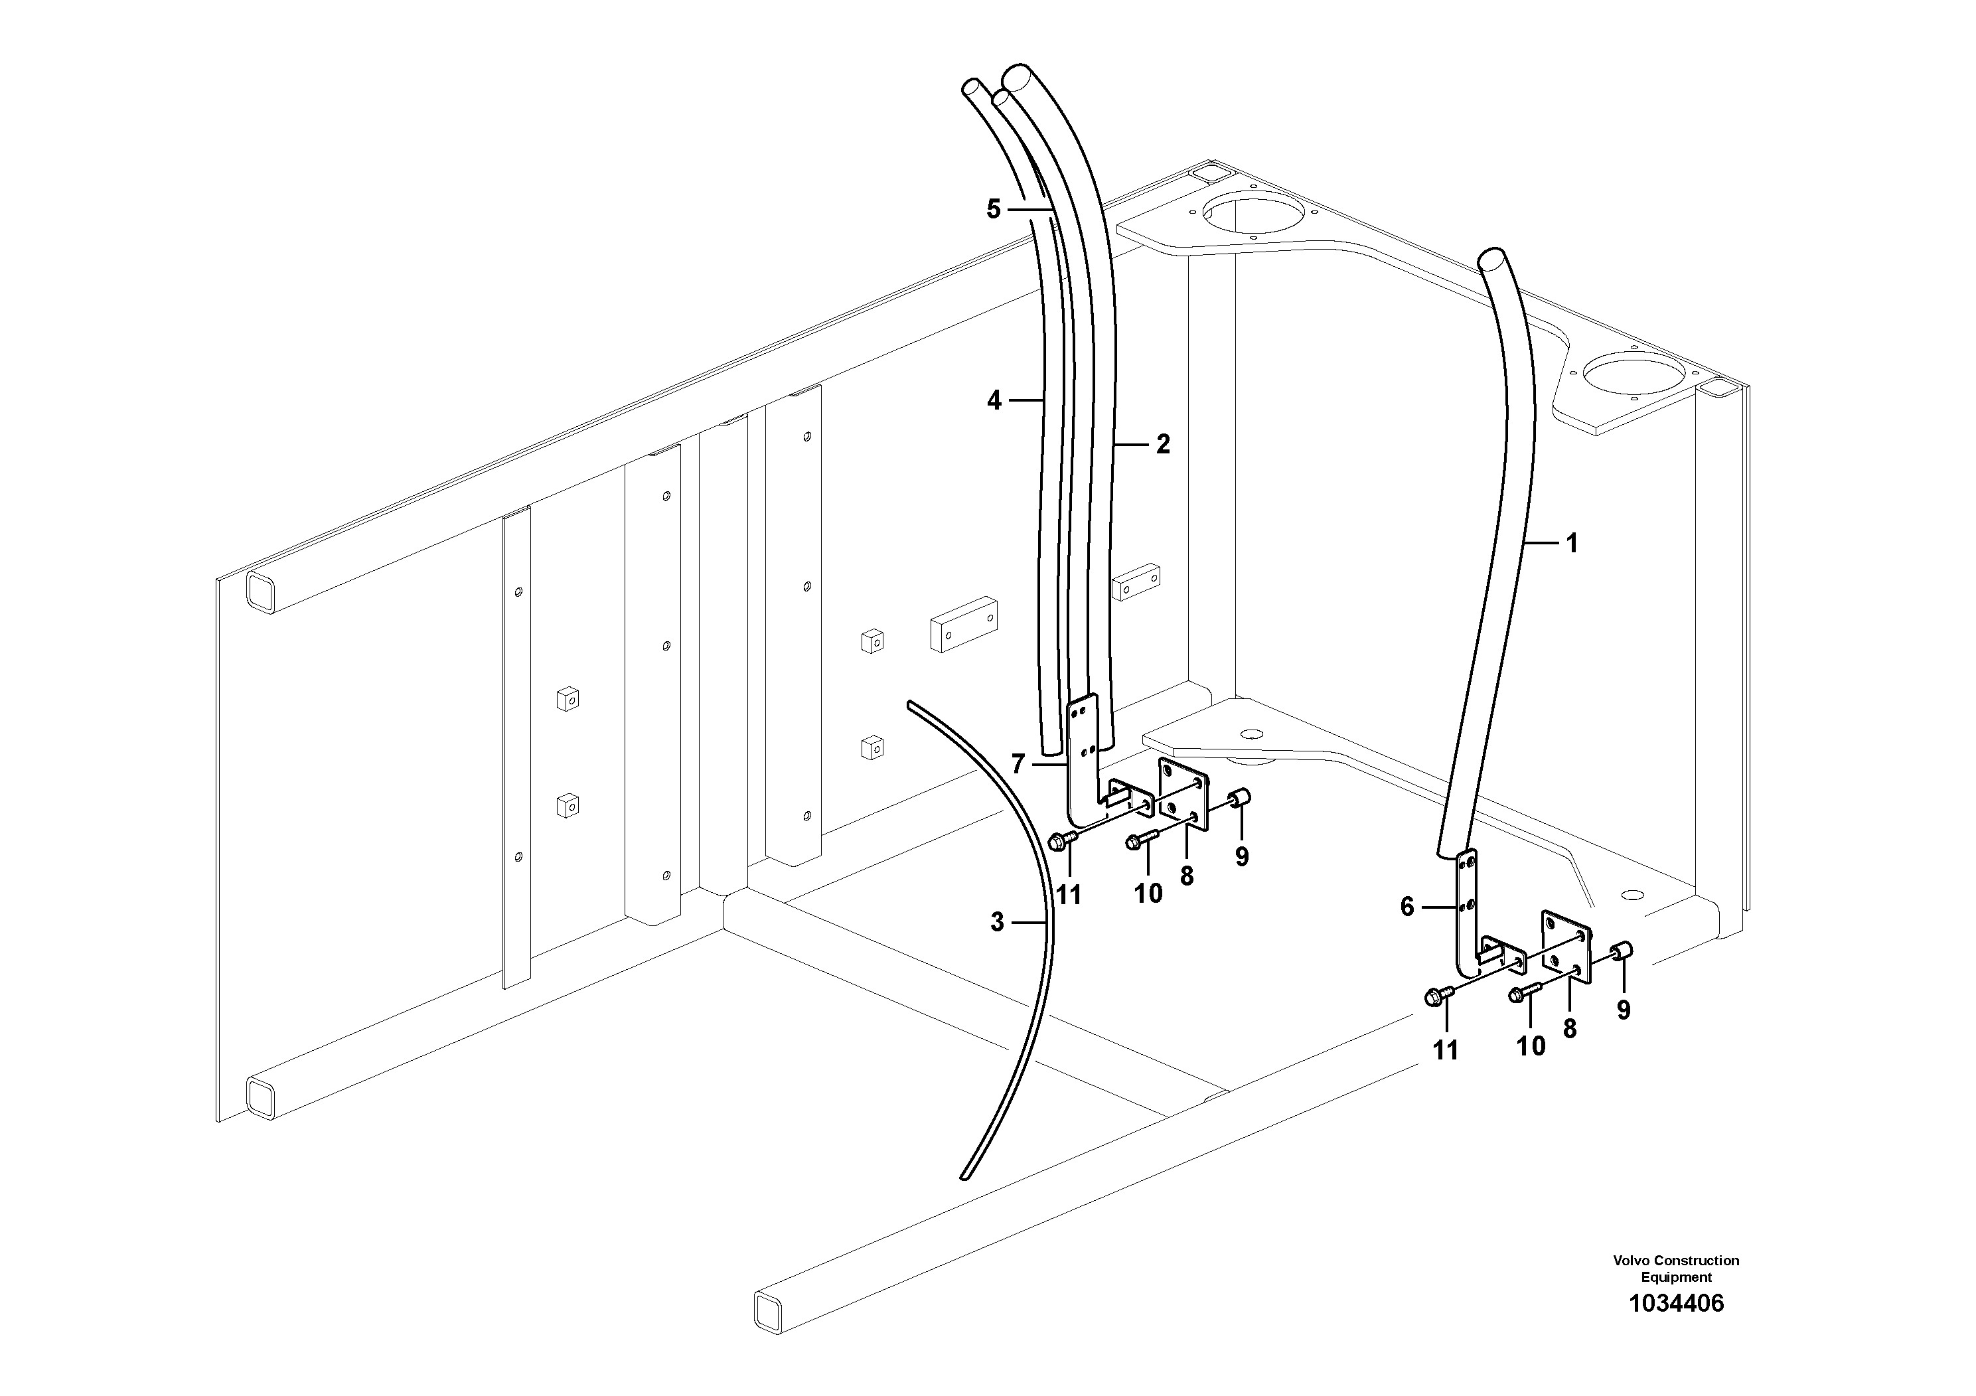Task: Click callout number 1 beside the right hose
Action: (1572, 543)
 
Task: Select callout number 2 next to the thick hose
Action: (1163, 445)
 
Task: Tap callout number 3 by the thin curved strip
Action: (996, 923)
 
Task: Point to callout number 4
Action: (994, 400)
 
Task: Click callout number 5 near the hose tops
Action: (994, 209)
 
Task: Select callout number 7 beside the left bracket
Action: (1018, 763)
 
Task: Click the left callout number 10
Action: (1148, 893)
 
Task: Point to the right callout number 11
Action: (1446, 1050)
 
